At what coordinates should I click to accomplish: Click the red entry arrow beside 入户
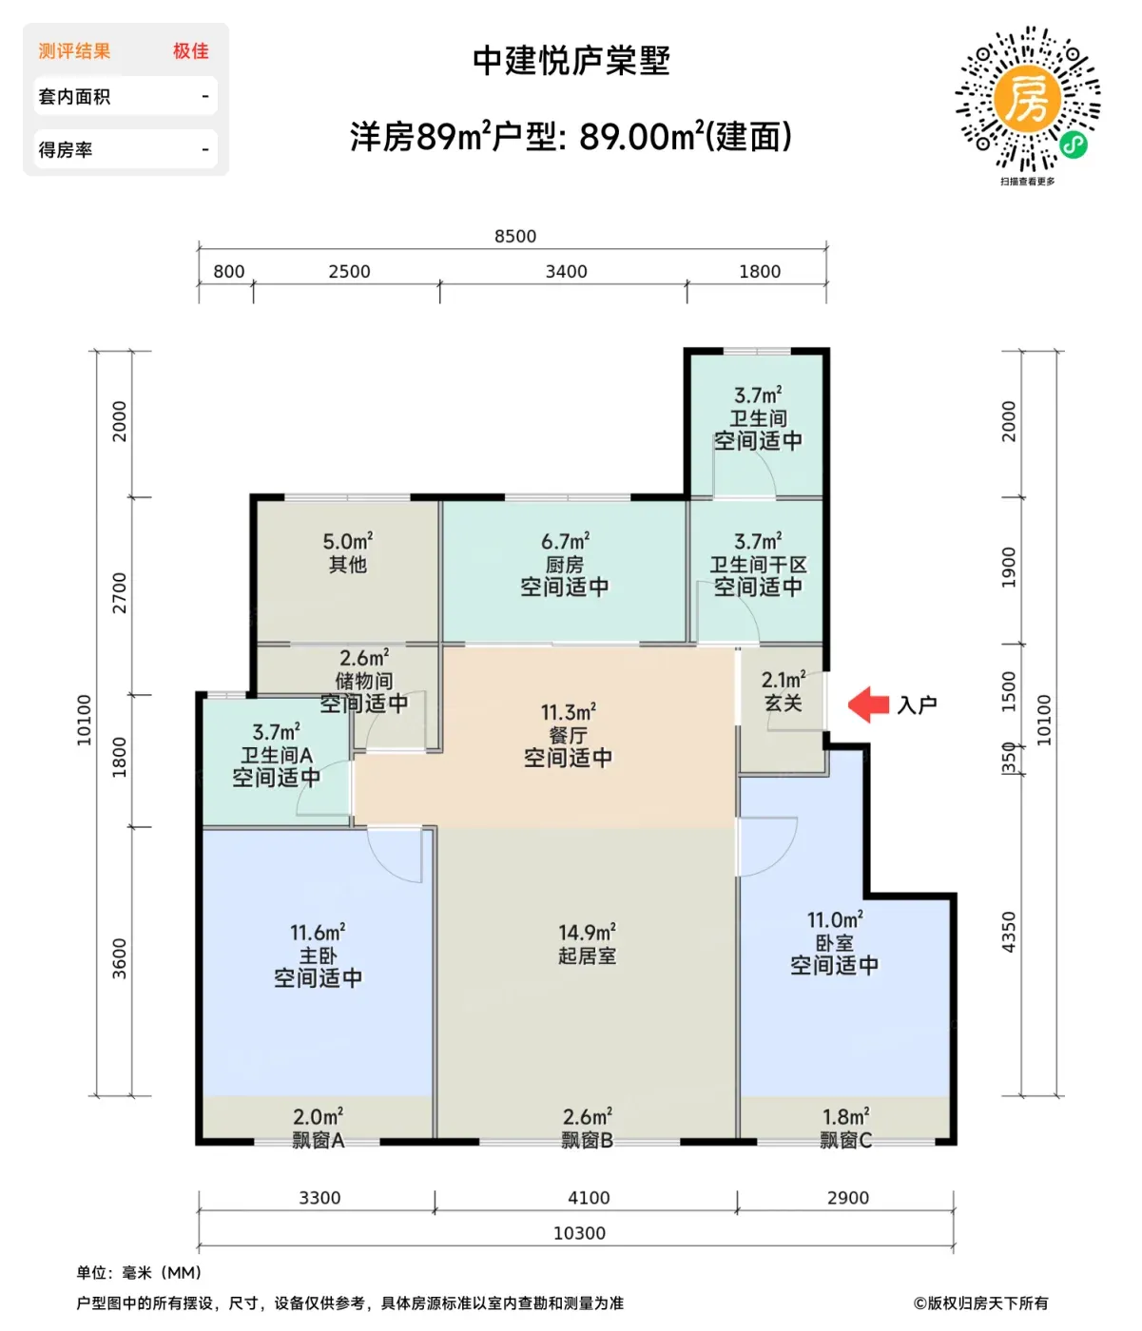[x=867, y=704]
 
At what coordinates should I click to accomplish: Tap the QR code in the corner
[x=1027, y=99]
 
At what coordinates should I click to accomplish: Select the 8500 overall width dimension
[x=514, y=237]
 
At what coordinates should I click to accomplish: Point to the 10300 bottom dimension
[x=579, y=1233]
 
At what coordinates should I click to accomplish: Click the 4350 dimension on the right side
[x=1009, y=932]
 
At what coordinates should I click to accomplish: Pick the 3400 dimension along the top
[x=566, y=271]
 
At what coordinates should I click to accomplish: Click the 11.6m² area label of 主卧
[x=318, y=933]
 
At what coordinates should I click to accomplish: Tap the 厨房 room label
[x=564, y=565]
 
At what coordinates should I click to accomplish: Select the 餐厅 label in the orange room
[x=568, y=735]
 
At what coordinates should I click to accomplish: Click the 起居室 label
[x=587, y=955]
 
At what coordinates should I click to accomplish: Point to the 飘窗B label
[x=587, y=1141]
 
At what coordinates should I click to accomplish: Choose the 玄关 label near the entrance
[x=784, y=703]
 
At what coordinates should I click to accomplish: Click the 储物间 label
[x=364, y=681]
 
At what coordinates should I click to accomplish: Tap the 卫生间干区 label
[x=758, y=565]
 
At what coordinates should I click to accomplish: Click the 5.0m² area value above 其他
[x=348, y=541]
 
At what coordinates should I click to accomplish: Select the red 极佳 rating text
[x=191, y=51]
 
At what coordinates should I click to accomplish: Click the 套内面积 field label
[x=74, y=97]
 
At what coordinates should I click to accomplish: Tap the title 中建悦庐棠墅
[x=571, y=61]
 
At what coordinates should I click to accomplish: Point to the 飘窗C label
[x=845, y=1141]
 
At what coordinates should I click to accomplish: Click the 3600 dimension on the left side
[x=120, y=959]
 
